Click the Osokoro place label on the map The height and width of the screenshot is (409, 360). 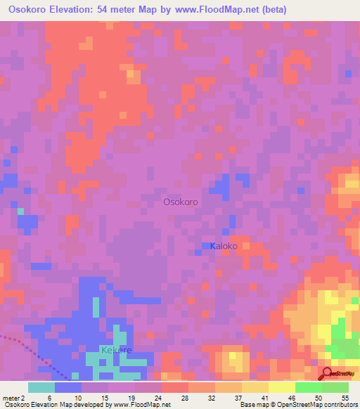click(180, 202)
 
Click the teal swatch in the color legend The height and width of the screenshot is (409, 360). click(41, 387)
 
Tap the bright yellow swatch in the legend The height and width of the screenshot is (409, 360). click(281, 387)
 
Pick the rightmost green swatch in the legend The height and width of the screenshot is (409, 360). click(335, 387)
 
